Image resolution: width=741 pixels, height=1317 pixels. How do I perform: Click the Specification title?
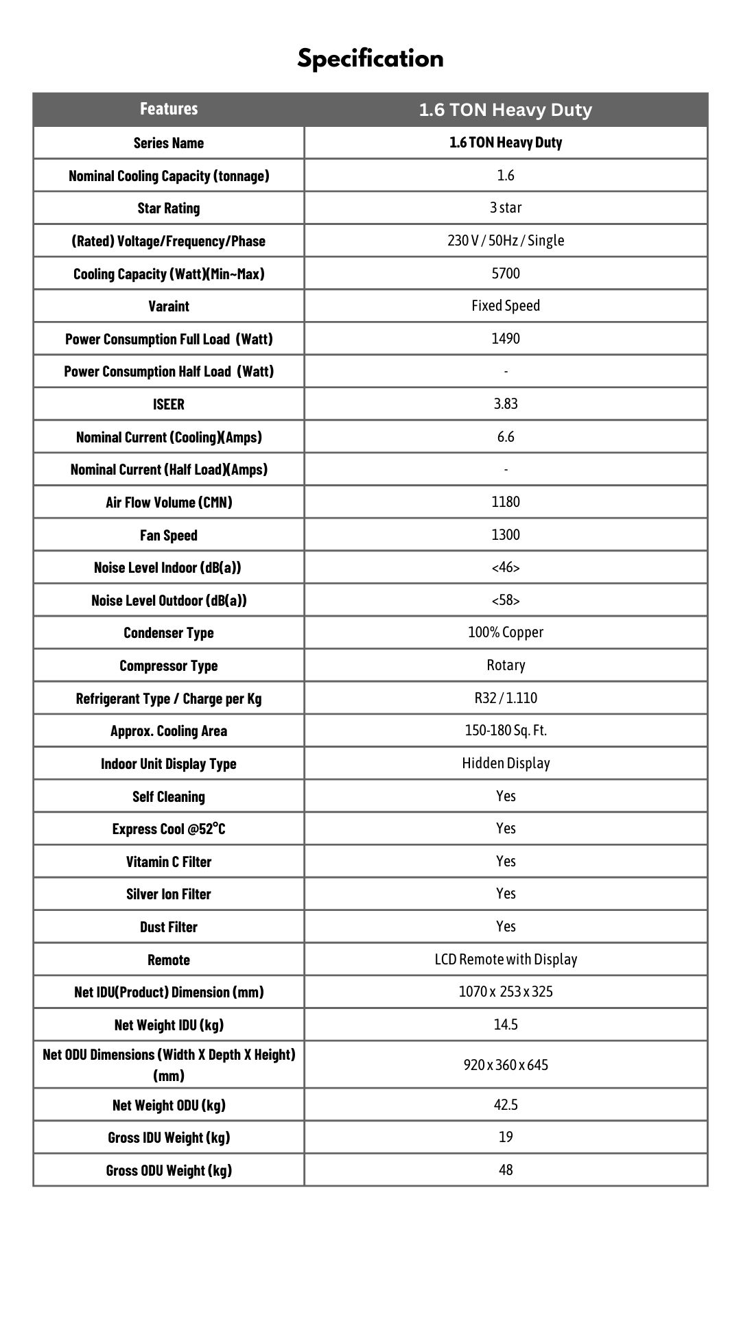click(x=370, y=58)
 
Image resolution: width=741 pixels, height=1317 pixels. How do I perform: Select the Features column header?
click(x=169, y=109)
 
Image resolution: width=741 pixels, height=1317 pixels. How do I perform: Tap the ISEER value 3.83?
click(x=506, y=404)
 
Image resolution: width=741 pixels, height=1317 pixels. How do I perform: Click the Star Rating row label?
click(x=169, y=209)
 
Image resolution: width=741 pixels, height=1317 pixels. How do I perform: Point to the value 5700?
click(x=506, y=274)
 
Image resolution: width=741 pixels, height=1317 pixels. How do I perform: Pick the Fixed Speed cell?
click(x=506, y=306)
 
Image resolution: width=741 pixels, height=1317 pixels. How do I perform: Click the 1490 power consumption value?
click(x=506, y=339)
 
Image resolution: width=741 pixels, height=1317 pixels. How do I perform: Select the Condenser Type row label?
click(x=169, y=633)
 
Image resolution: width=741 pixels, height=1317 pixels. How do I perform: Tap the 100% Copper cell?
click(x=506, y=632)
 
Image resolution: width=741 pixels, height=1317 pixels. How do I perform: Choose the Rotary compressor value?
click(x=506, y=665)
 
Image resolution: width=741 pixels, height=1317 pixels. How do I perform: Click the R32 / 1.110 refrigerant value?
click(x=506, y=698)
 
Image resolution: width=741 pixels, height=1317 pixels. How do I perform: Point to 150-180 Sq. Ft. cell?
click(x=506, y=731)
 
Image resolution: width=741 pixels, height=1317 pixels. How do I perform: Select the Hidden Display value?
click(x=506, y=763)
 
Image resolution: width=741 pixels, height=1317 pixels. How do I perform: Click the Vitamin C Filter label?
click(x=169, y=862)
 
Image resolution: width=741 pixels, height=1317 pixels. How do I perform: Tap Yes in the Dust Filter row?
click(x=506, y=927)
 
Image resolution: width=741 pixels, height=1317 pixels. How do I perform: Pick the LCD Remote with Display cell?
click(x=506, y=960)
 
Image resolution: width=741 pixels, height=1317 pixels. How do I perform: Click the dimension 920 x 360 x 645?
click(x=506, y=1065)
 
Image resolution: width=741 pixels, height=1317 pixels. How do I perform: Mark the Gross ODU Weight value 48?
click(x=506, y=1170)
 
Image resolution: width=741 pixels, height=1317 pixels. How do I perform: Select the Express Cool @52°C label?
click(x=169, y=829)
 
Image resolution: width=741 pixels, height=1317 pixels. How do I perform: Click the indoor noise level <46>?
click(x=506, y=568)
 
